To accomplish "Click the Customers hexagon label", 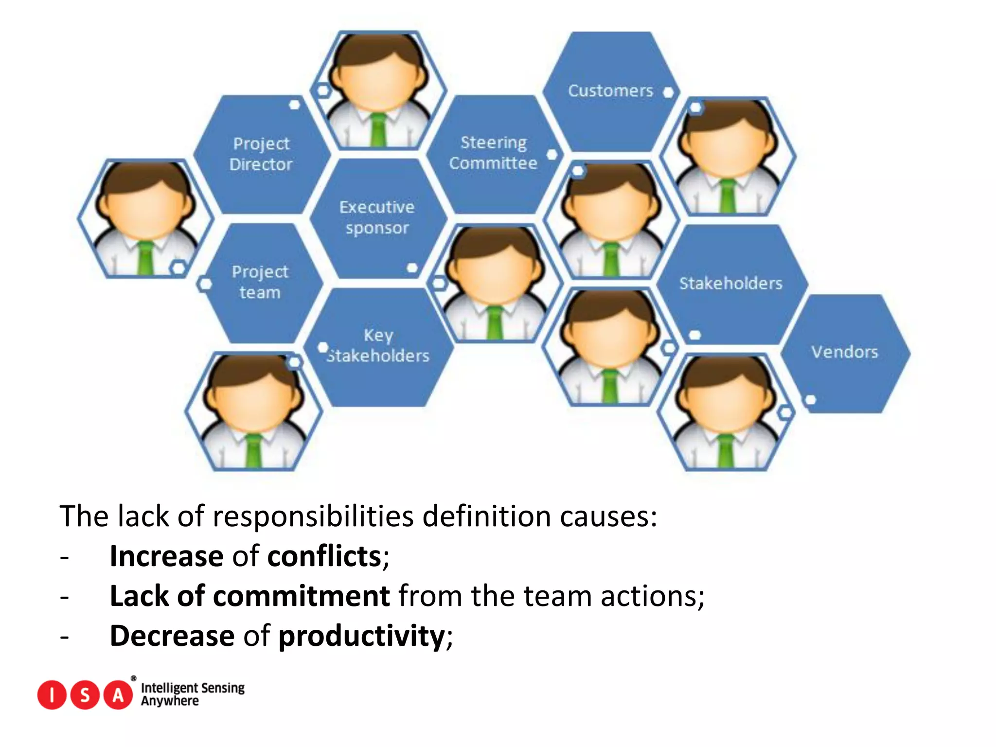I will point(610,91).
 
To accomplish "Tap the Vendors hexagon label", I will point(844,352).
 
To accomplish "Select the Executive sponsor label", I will point(377,217).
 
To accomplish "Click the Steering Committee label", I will point(493,153).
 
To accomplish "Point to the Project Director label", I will point(261,154).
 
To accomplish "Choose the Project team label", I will point(260,282).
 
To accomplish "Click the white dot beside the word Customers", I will point(669,92).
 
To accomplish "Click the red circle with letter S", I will point(85,695).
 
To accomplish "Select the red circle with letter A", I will point(118,695).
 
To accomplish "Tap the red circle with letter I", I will point(52,695).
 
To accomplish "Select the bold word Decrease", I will point(172,636).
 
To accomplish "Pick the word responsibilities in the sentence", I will point(313,516).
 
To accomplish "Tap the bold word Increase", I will point(166,556).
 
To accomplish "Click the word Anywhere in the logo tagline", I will point(170,701).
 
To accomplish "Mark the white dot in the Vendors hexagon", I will point(810,400).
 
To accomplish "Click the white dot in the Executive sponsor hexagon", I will point(412,267).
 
